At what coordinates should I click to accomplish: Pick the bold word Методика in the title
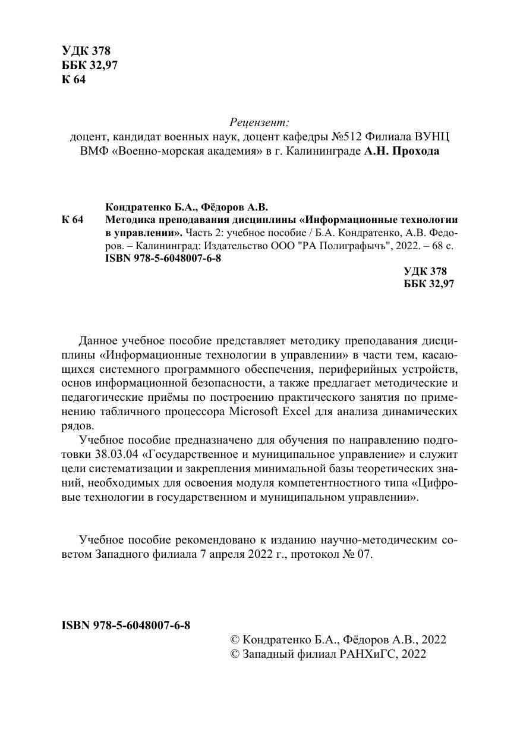128,220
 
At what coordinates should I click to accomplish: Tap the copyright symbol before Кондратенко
234,640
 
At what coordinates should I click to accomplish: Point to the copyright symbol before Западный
234,654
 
